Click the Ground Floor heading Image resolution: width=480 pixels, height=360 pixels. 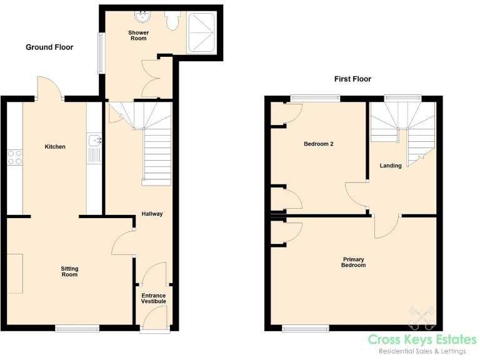pos(49,47)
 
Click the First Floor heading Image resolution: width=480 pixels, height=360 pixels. pos(352,79)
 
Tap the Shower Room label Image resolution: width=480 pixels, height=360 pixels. pos(138,35)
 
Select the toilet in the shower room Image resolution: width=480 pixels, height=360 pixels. pos(173,22)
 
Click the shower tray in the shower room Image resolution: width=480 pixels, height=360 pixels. pos(203,32)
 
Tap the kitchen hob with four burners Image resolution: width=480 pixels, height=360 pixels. pos(14,157)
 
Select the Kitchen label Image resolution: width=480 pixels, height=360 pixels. pos(55,147)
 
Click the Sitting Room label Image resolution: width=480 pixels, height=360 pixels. pos(69,271)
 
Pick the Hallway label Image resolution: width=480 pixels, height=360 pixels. pos(152,214)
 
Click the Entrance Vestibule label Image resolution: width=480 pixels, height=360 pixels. pos(153,298)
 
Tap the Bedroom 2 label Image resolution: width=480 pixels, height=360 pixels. pos(318,144)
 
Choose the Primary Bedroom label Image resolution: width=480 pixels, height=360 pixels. pos(353,262)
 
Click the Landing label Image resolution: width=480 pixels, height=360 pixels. pos(391,166)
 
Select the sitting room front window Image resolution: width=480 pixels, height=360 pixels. pos(77,327)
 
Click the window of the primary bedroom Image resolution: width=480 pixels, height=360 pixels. pos(305,327)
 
